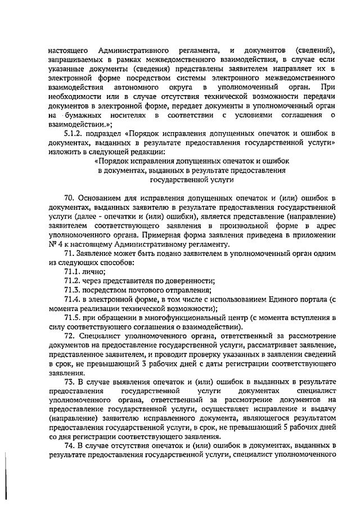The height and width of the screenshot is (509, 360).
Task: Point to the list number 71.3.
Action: click(x=73, y=290)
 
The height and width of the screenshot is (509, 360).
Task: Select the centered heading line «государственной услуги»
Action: click(x=191, y=181)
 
